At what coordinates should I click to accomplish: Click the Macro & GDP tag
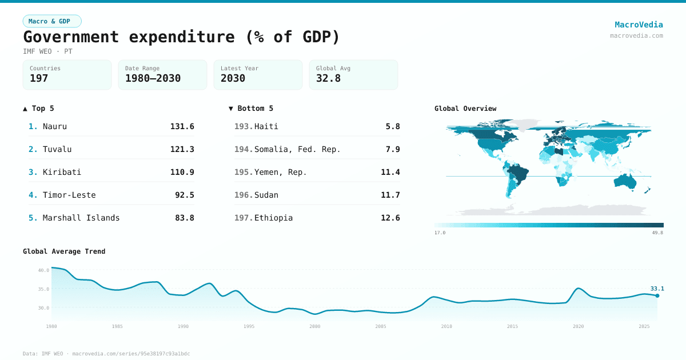coord(52,21)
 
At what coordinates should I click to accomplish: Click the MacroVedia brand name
coord(639,25)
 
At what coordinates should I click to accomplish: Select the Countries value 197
coord(39,78)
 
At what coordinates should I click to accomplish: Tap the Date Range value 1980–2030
coord(153,78)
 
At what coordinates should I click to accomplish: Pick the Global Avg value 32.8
coord(328,78)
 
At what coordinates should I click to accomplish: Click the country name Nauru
coord(55,126)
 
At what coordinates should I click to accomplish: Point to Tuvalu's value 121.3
coord(182,149)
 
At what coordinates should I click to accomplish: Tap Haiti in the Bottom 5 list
coord(266,126)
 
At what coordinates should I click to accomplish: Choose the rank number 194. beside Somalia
coord(244,149)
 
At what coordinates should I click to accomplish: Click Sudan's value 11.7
coord(390,195)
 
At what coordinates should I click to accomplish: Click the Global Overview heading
coord(465,109)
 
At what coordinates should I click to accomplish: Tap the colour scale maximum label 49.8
coord(657,233)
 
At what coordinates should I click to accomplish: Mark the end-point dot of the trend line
coord(657,295)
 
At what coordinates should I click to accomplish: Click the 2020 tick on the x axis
coord(579,326)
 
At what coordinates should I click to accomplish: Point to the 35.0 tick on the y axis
coord(44,289)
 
